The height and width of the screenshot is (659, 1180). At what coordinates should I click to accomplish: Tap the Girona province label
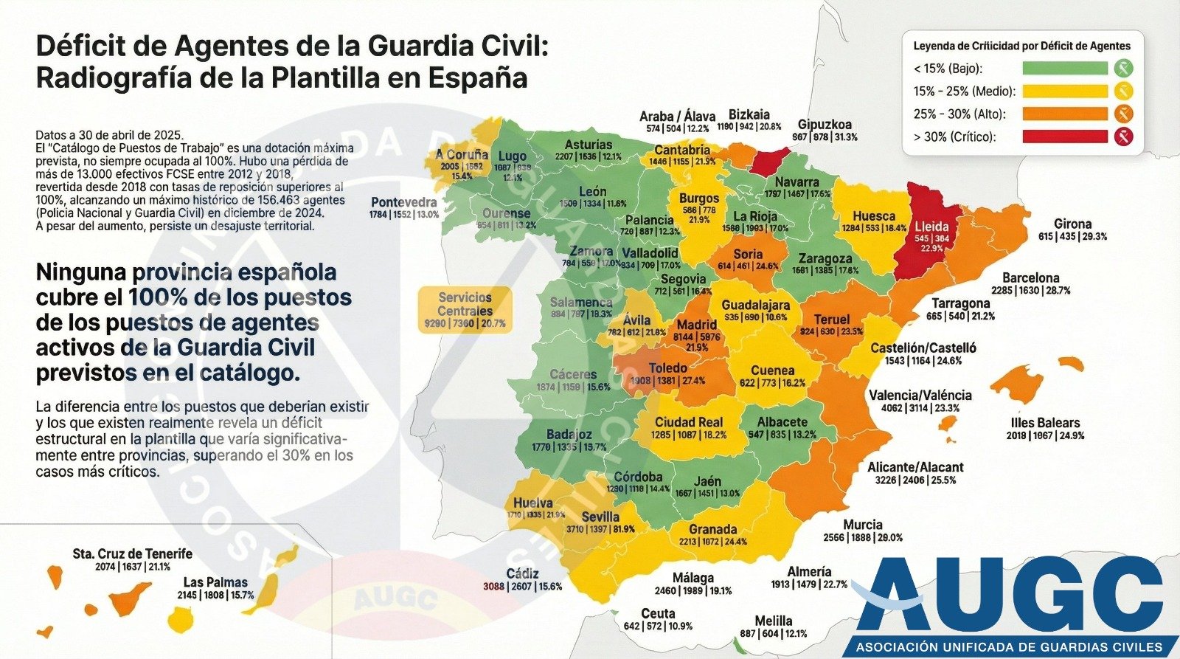click(x=1072, y=224)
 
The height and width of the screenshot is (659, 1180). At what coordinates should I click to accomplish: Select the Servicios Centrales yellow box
click(x=465, y=310)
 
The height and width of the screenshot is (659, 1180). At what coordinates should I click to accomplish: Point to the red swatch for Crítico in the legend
click(x=1065, y=137)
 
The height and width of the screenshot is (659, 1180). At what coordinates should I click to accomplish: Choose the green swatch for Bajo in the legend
click(x=1065, y=69)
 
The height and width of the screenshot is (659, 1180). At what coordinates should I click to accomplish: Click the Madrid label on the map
click(x=697, y=325)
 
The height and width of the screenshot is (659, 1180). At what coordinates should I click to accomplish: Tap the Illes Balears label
click(x=1045, y=423)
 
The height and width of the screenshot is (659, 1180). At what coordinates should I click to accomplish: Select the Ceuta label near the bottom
click(x=658, y=613)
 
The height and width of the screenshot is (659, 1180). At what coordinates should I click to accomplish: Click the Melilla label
click(x=773, y=621)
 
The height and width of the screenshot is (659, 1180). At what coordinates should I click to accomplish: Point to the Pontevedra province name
click(x=404, y=202)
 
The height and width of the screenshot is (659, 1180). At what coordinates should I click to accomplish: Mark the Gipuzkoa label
click(x=825, y=125)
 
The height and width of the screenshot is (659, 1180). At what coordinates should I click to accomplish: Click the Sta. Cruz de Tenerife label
click(x=133, y=553)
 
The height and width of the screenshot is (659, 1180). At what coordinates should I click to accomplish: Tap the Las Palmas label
click(x=215, y=582)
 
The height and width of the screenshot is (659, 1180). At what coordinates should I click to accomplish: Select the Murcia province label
click(x=863, y=525)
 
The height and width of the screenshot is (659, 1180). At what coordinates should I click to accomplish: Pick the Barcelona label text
click(x=1030, y=278)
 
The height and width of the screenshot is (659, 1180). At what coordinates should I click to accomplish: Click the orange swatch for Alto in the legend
click(x=1065, y=114)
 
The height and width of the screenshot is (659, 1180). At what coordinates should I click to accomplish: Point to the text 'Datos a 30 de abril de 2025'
click(x=108, y=135)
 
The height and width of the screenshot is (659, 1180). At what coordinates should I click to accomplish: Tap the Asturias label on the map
click(x=589, y=145)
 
